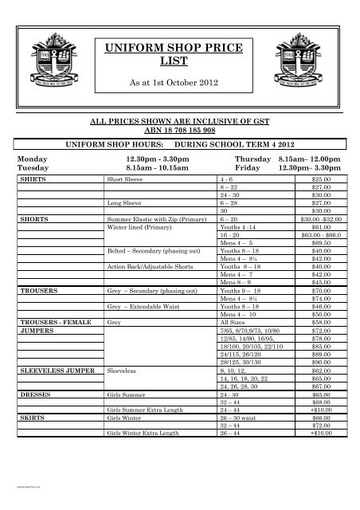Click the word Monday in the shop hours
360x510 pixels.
[33, 160]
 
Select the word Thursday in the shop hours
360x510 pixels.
[240, 160]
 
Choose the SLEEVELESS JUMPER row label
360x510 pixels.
[56, 371]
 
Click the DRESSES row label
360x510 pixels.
[37, 394]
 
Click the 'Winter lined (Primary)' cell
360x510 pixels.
[139, 226]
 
